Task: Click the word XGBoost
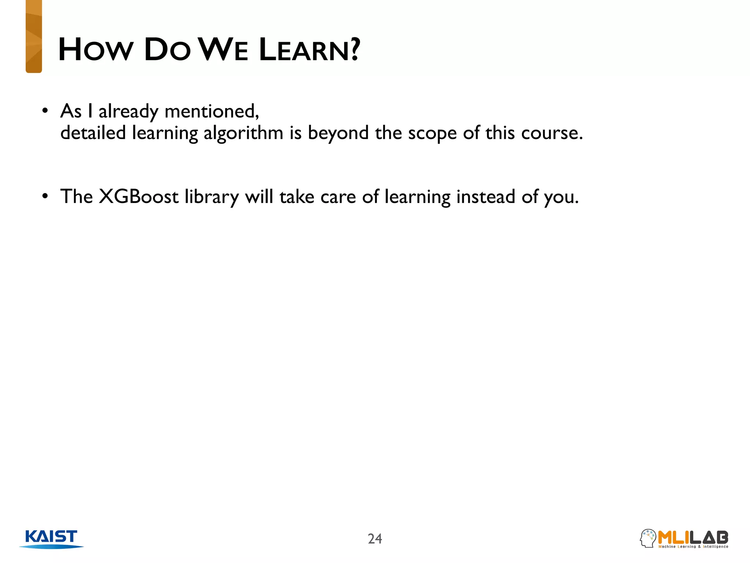[139, 197]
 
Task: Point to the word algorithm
[243, 133]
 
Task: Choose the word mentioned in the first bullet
[212, 111]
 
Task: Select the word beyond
[338, 133]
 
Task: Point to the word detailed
[93, 133]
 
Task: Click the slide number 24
[375, 539]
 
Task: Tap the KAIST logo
[52, 538]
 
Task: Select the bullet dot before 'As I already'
[45, 111]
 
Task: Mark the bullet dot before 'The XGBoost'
[45, 196]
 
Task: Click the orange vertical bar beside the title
[34, 37]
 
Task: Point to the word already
[128, 112]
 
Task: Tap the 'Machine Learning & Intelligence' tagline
[693, 547]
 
